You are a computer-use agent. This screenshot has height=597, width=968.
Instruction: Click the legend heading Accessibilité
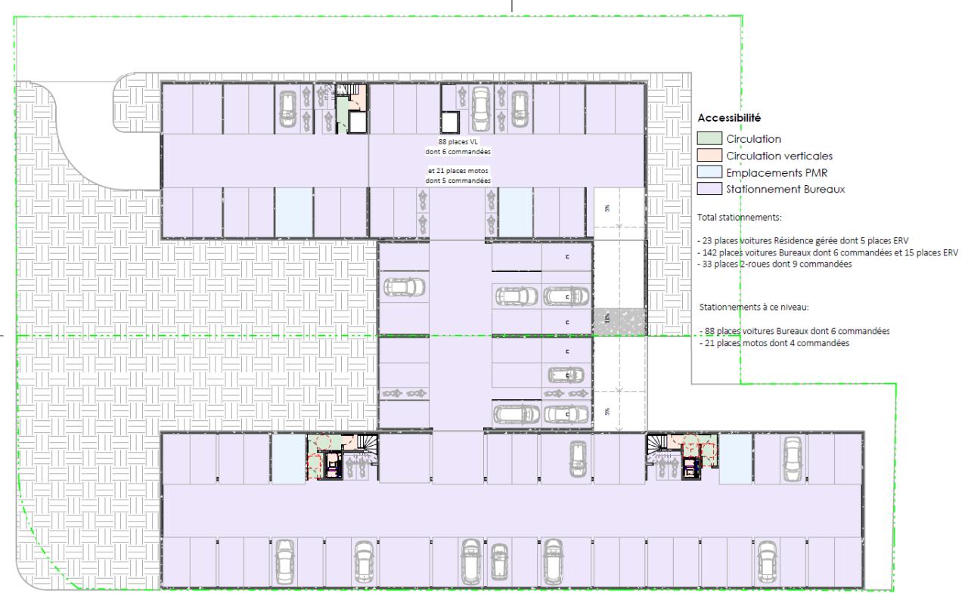(x=729, y=118)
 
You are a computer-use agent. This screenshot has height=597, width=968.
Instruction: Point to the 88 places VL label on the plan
(x=459, y=141)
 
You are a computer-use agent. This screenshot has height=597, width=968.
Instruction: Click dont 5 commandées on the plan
(x=458, y=181)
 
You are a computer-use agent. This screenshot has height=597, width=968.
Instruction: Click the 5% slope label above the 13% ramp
(x=607, y=208)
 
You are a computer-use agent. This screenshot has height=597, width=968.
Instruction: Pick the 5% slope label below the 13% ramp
(x=607, y=412)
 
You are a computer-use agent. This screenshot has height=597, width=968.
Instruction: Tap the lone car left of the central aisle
(x=405, y=288)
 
